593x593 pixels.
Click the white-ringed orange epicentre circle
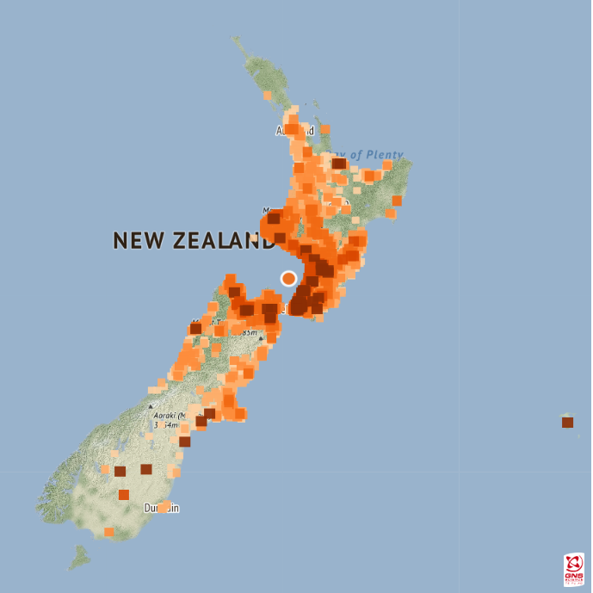[288, 278]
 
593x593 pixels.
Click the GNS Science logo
[573, 569]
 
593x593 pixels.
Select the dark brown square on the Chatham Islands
[567, 423]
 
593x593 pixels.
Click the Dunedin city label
[162, 509]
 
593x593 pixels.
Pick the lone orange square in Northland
[268, 96]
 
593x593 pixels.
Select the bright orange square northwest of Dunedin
[124, 495]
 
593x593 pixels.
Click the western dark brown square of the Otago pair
[120, 471]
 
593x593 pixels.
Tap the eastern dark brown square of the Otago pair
[146, 469]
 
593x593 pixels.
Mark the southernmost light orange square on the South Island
[109, 532]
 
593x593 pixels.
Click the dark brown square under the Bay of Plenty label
[339, 164]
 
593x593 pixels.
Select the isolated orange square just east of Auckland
[325, 130]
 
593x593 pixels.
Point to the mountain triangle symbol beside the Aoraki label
[151, 405]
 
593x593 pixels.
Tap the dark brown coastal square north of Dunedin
[185, 442]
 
